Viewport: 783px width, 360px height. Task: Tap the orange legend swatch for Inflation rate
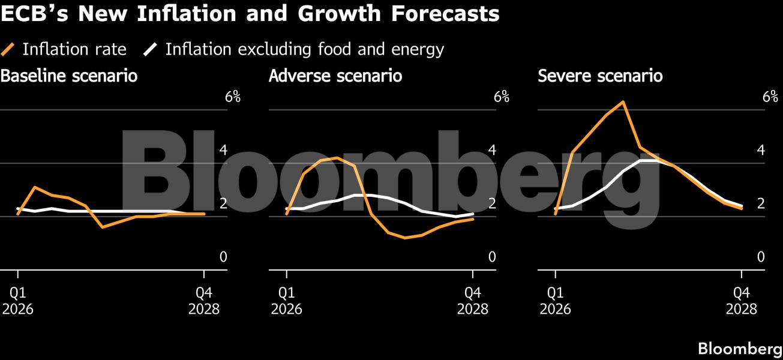tap(9, 49)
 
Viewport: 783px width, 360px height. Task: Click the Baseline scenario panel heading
tap(69, 77)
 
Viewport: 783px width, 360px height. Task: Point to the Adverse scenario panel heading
tap(335, 77)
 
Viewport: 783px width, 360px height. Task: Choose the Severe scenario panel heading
tap(600, 77)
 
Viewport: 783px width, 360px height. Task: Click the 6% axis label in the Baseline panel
tap(232, 97)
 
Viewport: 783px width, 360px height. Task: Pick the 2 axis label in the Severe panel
tap(761, 203)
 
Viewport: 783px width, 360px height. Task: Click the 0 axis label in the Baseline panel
tap(223, 257)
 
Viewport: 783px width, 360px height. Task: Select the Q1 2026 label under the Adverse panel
tap(287, 302)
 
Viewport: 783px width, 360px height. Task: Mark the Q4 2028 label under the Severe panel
tap(742, 302)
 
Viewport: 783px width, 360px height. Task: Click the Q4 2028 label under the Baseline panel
tap(204, 302)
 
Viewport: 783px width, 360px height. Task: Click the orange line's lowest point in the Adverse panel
tap(405, 238)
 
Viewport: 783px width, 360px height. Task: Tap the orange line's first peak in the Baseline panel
tap(35, 187)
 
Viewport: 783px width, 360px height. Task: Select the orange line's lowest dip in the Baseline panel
tap(103, 227)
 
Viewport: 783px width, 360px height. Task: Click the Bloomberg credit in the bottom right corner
tap(739, 349)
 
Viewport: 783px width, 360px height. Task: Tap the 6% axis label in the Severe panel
tap(770, 97)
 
